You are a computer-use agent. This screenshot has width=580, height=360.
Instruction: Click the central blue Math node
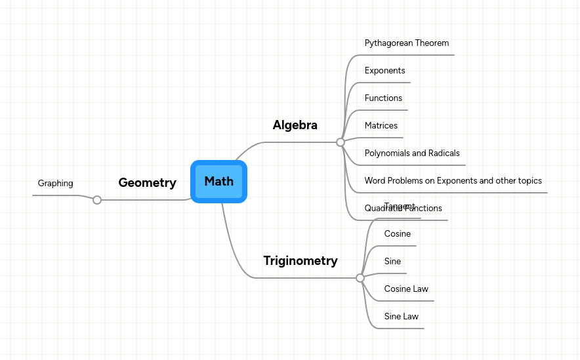pos(218,182)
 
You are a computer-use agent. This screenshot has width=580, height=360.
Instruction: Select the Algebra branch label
pos(295,125)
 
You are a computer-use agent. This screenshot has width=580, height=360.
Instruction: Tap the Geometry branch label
pos(147,183)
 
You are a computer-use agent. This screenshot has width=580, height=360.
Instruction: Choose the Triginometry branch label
pos(300,261)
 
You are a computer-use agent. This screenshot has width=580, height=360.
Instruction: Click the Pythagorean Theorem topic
pos(407,43)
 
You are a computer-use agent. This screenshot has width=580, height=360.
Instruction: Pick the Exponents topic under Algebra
pos(385,71)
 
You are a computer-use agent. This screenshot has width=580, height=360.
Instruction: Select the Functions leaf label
pos(384,98)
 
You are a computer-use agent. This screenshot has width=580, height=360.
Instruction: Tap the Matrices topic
pos(381,126)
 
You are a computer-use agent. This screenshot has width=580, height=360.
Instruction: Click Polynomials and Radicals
pos(412,153)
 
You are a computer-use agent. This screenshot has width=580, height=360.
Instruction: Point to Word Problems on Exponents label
pos(453,181)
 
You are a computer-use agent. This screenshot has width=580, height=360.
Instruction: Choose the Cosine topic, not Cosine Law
pos(398,234)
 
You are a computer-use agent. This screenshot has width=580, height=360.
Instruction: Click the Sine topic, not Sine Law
pos(393,262)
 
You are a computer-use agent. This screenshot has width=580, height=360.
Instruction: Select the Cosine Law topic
pos(406,289)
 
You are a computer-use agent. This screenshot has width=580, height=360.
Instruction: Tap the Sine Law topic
pos(402,317)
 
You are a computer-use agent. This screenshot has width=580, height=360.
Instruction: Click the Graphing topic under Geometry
pos(56,184)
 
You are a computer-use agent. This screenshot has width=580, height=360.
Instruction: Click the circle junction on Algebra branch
pos(341,142)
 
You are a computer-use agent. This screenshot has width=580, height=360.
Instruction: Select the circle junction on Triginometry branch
pos(360,278)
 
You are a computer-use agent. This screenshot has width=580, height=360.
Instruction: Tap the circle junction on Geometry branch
pos(97,200)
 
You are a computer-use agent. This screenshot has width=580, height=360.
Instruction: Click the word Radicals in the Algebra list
pos(444,153)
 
